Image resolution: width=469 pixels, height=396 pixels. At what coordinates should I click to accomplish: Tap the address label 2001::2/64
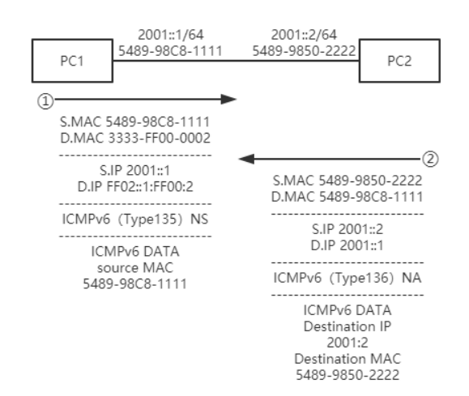tap(305, 34)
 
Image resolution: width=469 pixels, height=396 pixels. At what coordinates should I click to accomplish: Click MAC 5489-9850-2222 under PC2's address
tap(305, 49)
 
